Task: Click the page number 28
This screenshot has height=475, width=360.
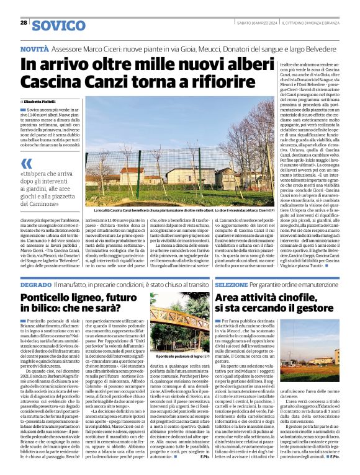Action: (x=24, y=23)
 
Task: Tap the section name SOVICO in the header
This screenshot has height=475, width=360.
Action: (x=59, y=25)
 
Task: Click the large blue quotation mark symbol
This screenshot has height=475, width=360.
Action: (x=27, y=164)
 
